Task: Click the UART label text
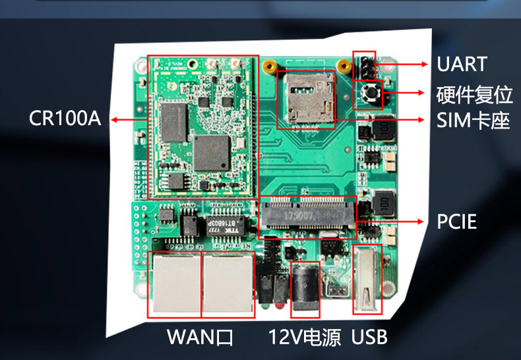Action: click(462, 65)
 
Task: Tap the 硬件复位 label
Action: click(474, 95)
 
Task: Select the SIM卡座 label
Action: click(474, 120)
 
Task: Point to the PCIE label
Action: click(456, 222)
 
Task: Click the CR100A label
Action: click(65, 119)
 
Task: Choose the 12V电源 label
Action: click(304, 338)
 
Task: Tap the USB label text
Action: click(369, 338)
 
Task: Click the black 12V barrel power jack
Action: click(305, 284)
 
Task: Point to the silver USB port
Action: click(367, 280)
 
